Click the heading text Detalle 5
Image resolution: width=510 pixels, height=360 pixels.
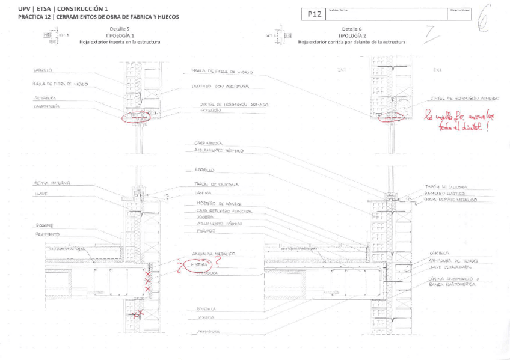pyautogui.click(x=120, y=29)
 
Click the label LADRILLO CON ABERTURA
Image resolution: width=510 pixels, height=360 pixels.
pyautogui.click(x=215, y=86)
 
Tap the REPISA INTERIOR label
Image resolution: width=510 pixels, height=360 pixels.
pyautogui.click(x=52, y=183)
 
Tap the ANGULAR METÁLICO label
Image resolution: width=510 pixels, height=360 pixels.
pyautogui.click(x=212, y=254)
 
